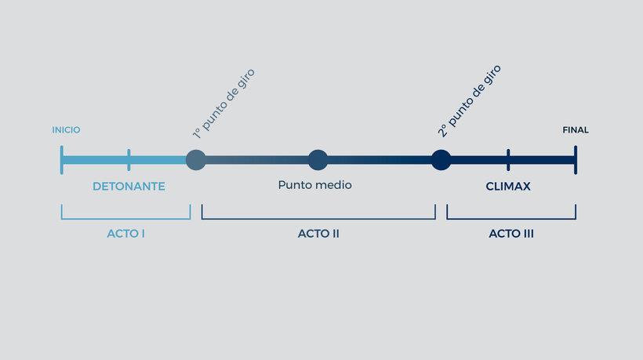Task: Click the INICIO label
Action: click(x=66, y=130)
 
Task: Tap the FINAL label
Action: click(x=576, y=130)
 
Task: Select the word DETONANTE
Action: click(x=129, y=187)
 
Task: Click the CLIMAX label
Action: click(x=508, y=187)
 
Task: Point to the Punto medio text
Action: click(x=315, y=185)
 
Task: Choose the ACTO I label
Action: click(x=126, y=234)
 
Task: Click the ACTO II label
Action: click(x=318, y=234)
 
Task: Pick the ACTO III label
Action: click(x=511, y=234)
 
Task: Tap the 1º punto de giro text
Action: click(x=223, y=104)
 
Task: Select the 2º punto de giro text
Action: click(x=469, y=101)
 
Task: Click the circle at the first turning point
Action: click(x=196, y=160)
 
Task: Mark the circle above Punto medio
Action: click(x=318, y=160)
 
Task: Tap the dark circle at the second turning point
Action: click(x=441, y=160)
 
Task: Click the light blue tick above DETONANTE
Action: click(x=129, y=160)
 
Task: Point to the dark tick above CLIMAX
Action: click(x=508, y=160)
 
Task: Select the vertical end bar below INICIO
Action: click(x=61, y=160)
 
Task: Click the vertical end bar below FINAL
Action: click(x=576, y=160)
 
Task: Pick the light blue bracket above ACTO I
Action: click(x=126, y=219)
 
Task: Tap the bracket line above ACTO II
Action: click(x=318, y=219)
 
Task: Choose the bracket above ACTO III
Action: click(x=511, y=219)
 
